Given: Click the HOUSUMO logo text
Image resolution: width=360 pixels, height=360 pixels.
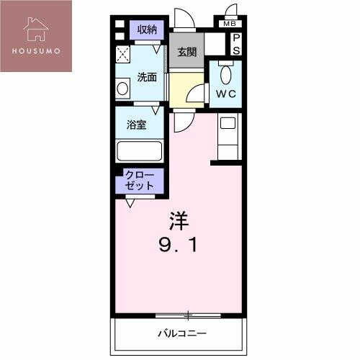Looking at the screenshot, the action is pos(36,51).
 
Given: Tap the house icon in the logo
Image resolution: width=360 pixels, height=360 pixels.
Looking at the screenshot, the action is pos(36,29).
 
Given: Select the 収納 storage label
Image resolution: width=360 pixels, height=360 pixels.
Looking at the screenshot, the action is pos(147,30).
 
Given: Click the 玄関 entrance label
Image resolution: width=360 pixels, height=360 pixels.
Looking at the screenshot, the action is pos(187,52).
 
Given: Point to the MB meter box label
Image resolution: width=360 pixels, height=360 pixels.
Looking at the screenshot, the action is pos(230,24).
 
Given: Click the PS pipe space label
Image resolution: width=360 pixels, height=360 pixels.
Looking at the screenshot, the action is pos(236,44).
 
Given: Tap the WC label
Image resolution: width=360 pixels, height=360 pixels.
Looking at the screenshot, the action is pos(226,94).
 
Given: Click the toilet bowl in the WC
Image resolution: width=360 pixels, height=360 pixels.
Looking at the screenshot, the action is pos(225,74).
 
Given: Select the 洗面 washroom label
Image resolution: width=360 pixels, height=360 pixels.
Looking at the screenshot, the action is pos(147,77).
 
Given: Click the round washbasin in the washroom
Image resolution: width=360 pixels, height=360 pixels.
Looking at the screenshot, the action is pos(122,89).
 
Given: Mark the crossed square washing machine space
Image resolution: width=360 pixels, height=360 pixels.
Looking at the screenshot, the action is pos(122,54).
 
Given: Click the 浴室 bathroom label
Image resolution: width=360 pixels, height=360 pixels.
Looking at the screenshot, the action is pos(136,125).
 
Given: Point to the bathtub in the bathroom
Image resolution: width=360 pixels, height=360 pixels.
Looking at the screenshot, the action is pos(139,151).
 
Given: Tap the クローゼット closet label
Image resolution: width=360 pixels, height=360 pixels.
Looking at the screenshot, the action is pos(140,181).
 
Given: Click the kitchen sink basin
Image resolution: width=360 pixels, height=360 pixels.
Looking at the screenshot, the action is pos(228,123).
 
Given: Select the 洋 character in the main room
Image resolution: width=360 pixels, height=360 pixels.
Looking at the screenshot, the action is pos(179,221).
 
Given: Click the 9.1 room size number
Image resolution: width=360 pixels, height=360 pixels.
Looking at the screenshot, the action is pos(179,245).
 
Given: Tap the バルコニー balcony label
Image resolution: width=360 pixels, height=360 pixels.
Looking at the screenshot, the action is pos(182,333).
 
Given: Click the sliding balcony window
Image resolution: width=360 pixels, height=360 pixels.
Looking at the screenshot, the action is pos(188,315).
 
